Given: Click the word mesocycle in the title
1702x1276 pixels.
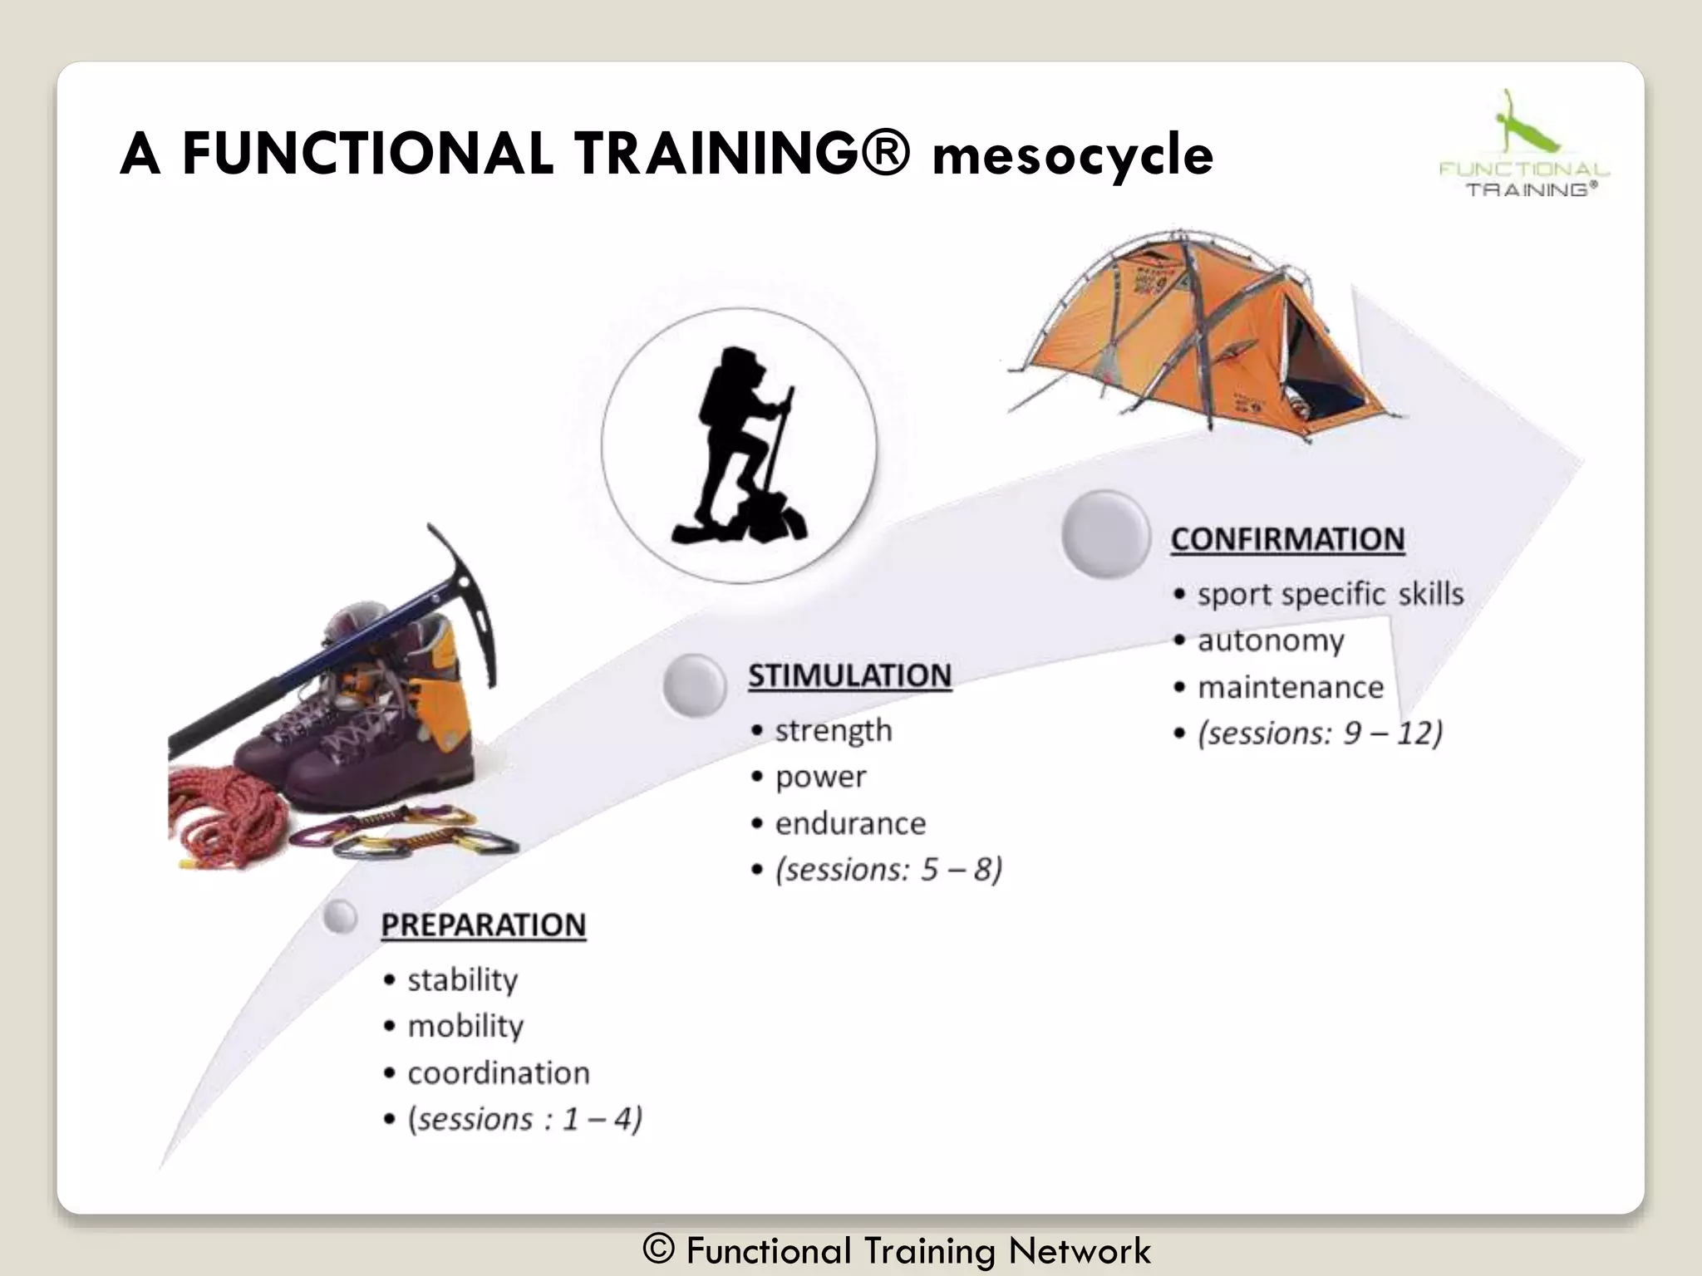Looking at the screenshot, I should click(x=1072, y=156).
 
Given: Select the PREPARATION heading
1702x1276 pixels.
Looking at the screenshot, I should click(x=483, y=925).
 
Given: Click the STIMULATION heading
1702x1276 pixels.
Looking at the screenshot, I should click(x=849, y=675).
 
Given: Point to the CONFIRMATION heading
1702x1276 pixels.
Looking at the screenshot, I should click(x=1287, y=539).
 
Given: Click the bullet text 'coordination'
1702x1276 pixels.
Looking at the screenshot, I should click(x=498, y=1073).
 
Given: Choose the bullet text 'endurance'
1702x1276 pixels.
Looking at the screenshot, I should click(x=850, y=823).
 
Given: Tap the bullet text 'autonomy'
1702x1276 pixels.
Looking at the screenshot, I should click(x=1270, y=640).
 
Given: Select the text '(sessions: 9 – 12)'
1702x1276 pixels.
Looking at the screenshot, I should click(x=1319, y=734).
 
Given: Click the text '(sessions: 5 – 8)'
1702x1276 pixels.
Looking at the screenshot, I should click(x=888, y=870).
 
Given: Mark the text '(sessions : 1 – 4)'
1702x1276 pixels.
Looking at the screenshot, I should click(x=524, y=1120).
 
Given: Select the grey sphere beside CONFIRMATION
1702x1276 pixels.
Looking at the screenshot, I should click(x=1104, y=534).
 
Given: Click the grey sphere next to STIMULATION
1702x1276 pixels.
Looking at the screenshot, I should click(x=695, y=685).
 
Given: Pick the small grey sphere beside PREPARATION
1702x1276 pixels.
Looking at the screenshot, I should click(x=340, y=917).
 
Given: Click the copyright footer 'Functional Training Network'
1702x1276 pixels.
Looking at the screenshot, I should click(x=898, y=1250).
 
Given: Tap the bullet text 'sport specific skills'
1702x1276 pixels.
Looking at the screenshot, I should click(x=1330, y=595).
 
